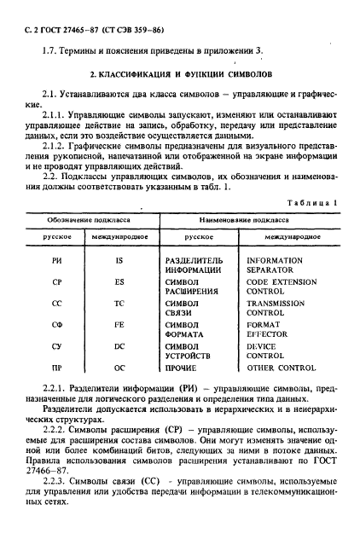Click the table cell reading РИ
tap(57, 259)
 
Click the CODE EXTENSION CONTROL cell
tap(275, 285)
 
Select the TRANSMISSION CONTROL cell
tap(275, 307)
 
